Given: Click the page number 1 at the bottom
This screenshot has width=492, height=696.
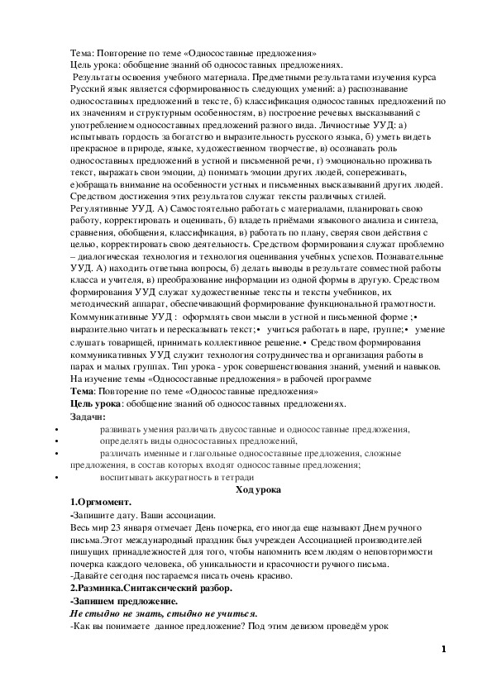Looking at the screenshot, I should [444, 649].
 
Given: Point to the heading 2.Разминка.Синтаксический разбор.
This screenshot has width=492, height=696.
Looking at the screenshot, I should [151, 589].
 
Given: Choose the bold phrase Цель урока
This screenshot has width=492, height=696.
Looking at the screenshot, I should [96, 403].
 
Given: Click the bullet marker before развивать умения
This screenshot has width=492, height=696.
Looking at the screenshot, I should [55, 429].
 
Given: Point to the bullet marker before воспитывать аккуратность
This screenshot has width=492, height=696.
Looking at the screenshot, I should [55, 477].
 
